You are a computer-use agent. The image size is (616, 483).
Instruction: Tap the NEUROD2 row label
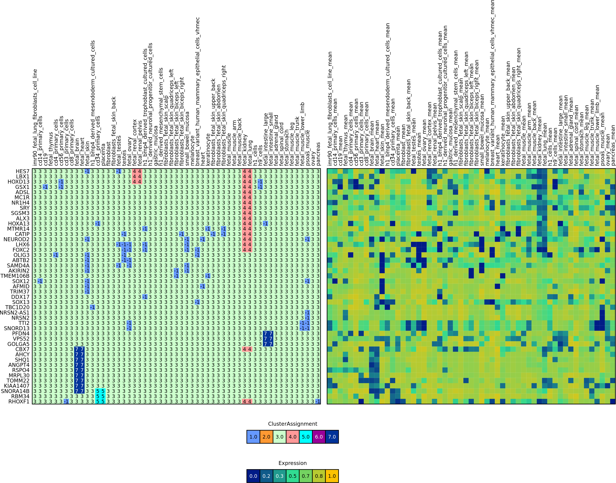point(16,239)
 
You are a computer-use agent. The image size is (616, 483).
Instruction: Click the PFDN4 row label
point(21,334)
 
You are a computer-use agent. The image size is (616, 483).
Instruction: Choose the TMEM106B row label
point(15,276)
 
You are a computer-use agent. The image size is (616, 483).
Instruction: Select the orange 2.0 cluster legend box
point(266,437)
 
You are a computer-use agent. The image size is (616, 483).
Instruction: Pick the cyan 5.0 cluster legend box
point(306,437)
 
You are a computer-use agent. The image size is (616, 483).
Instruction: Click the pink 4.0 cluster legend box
point(293,437)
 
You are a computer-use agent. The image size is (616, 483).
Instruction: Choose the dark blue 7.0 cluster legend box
point(332,437)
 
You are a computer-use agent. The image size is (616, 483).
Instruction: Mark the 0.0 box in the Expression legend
point(253,476)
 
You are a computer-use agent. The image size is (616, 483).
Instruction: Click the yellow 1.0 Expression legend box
point(332,476)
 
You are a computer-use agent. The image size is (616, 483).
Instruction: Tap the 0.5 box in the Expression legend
point(293,476)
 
